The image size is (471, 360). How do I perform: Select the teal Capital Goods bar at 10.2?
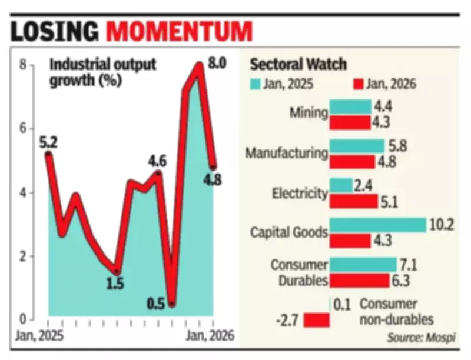[377, 225]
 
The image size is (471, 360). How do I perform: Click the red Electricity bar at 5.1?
[353, 201]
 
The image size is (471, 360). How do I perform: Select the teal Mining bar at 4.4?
[350, 106]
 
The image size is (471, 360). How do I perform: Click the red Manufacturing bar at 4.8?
[351, 161]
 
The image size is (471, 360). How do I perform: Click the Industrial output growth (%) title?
[103, 72]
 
